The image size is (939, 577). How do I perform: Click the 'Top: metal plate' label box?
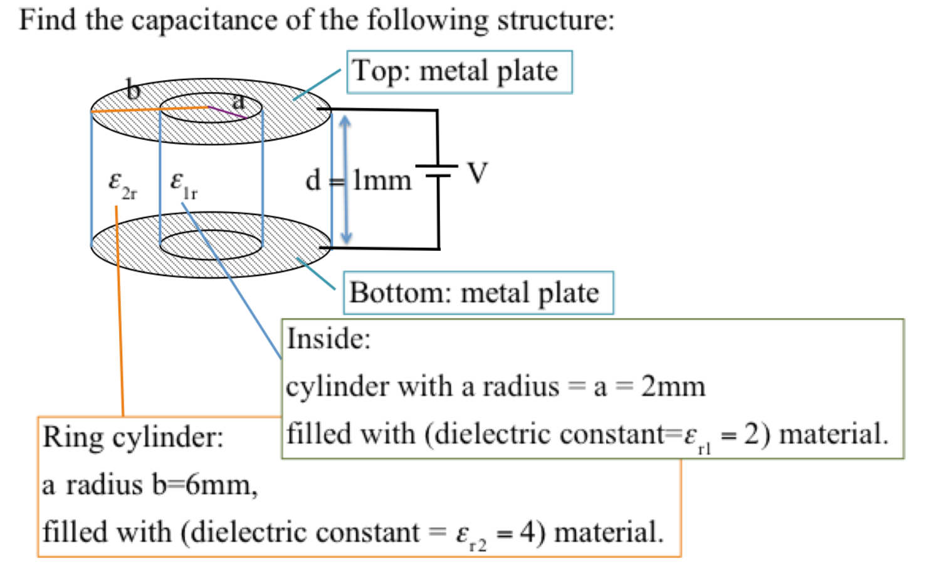[x=459, y=72]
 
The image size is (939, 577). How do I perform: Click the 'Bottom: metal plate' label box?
[x=478, y=293]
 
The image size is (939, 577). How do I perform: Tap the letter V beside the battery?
[x=477, y=173]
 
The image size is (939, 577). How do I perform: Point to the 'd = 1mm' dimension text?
[x=359, y=181]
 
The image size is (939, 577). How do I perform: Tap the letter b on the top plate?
[x=133, y=90]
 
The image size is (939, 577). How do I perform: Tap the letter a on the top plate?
[x=238, y=100]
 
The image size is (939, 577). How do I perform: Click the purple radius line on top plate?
[x=227, y=113]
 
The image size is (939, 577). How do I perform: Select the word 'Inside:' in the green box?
[x=328, y=339]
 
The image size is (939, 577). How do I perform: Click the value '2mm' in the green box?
[x=673, y=386]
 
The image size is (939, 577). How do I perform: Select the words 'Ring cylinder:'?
[x=133, y=437]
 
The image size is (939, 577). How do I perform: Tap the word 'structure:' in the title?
[x=555, y=20]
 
